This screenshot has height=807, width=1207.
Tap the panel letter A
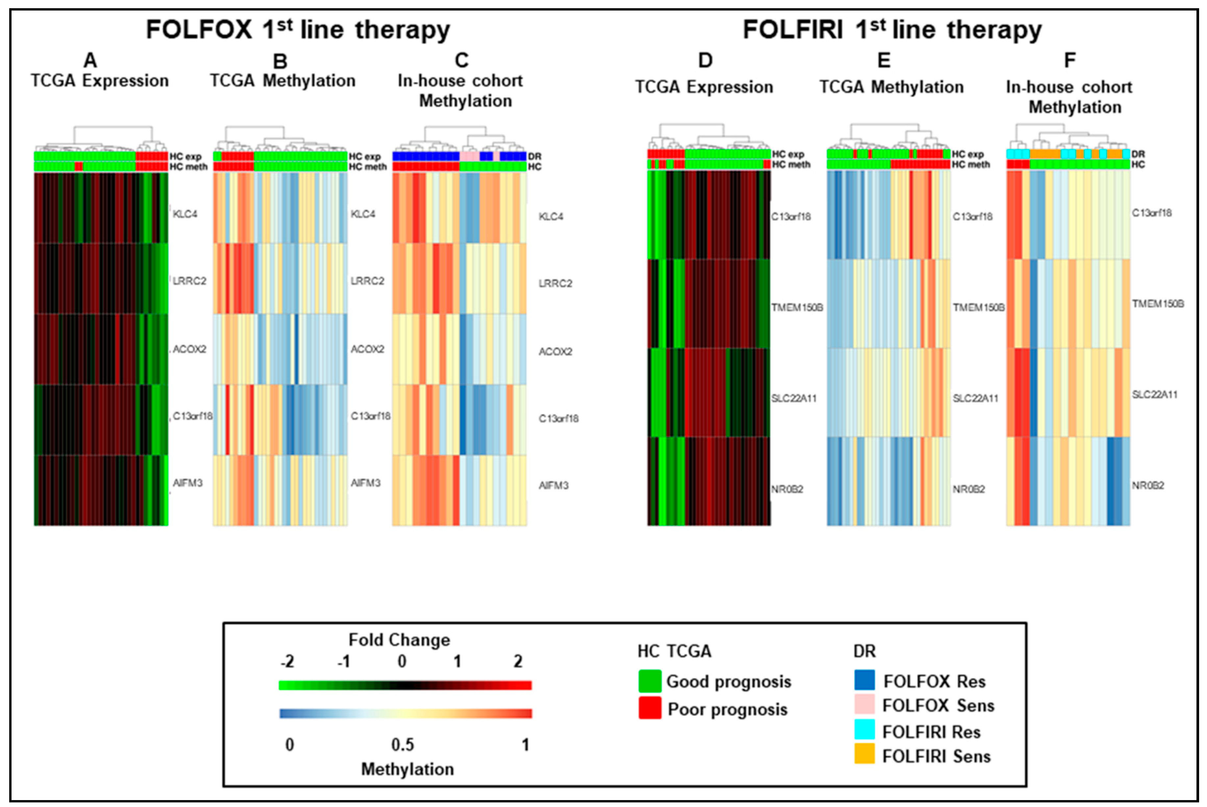click(x=90, y=61)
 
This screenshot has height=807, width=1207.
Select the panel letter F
click(x=1070, y=61)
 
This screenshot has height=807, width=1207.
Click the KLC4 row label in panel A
click(x=185, y=214)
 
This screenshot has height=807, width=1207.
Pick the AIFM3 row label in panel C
click(x=553, y=485)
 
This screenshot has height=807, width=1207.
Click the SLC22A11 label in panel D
click(x=793, y=398)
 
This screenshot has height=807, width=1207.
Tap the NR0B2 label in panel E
click(x=968, y=489)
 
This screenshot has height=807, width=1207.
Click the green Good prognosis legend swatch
click(x=650, y=681)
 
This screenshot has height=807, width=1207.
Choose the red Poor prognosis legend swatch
click(x=650, y=708)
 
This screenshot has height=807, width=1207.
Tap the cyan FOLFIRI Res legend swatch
click(x=864, y=729)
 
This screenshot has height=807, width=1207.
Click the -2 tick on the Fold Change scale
click(x=287, y=661)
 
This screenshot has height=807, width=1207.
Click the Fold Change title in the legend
click(x=399, y=640)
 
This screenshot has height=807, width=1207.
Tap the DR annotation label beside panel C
click(x=534, y=157)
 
